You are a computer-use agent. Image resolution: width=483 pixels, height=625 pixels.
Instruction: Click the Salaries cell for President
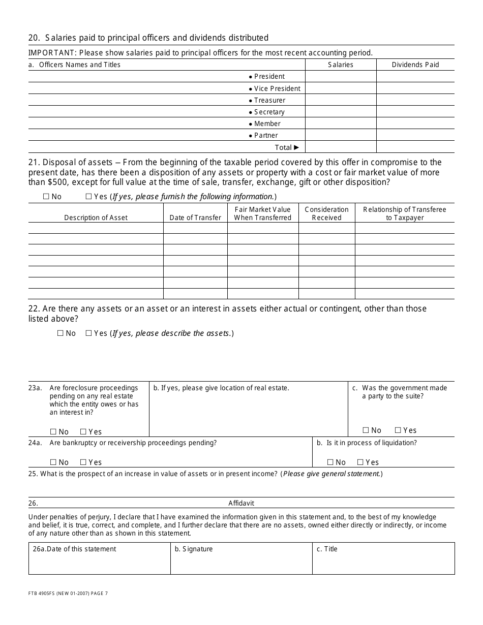pos(341,77)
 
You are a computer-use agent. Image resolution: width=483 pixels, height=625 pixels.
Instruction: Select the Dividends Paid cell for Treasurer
pos(415,100)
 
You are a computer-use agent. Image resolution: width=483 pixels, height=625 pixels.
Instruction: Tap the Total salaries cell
pos(341,147)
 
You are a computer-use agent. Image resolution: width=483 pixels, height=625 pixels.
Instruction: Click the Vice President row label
pos(277,88)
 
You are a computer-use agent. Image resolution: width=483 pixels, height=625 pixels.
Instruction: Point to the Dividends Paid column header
pos(415,65)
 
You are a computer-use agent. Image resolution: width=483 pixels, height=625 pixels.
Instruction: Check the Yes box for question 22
pos(88,333)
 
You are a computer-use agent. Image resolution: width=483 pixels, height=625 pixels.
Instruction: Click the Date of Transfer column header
pos(195,217)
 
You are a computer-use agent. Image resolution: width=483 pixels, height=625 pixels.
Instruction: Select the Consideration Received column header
pos(326,213)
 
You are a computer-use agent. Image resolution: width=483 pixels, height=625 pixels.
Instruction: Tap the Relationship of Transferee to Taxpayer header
pos(404,213)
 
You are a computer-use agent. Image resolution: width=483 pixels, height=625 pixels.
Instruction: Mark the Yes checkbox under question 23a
pos(83,432)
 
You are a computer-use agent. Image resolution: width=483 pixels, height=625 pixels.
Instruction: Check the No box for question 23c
pos(366,430)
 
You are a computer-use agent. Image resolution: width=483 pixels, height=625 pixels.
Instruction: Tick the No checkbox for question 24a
pos(53,462)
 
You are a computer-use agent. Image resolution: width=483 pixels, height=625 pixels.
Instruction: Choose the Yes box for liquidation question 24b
pos(360,462)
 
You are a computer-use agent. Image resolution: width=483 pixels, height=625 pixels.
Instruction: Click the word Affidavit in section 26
pos(241,503)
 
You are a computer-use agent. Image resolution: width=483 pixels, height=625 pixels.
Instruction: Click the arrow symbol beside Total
pos(297,147)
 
